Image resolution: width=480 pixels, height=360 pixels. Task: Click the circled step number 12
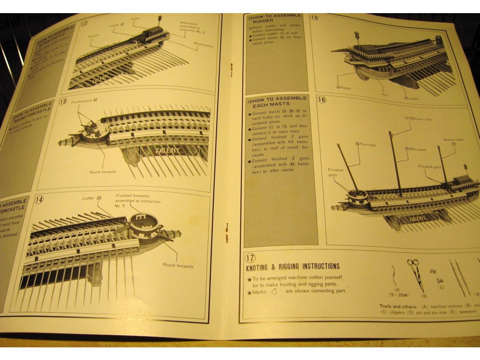tap(84, 24)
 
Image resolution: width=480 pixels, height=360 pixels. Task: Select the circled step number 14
tap(39, 199)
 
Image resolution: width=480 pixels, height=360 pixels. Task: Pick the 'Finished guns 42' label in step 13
tap(84, 101)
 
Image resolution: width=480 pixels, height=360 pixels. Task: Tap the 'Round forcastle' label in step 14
tap(178, 266)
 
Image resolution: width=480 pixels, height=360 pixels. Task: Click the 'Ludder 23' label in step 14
tap(92, 198)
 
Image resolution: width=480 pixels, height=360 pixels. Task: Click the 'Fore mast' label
tap(366, 144)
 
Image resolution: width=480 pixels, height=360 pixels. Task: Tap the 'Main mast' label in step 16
tap(416, 149)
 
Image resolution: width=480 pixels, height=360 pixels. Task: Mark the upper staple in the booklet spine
tap(231, 68)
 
